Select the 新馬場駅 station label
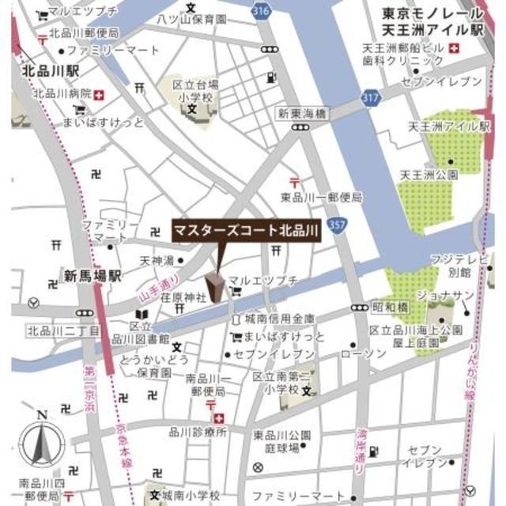[x=93, y=275]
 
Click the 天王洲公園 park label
[x=428, y=174]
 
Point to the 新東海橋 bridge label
[x=300, y=115]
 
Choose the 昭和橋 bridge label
[x=391, y=305]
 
